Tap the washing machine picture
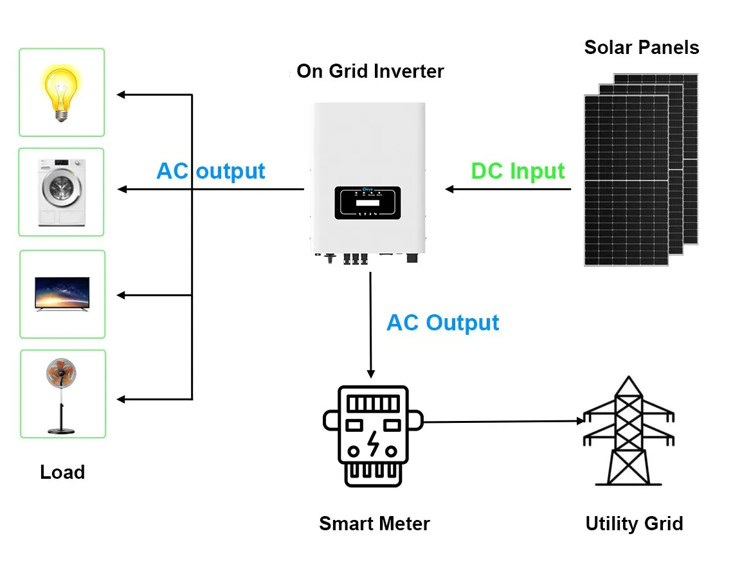coord(62,192)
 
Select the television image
coord(62,294)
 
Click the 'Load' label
coord(62,472)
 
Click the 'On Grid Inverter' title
coord(370,71)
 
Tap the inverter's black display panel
coord(367,202)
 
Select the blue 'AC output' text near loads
coord(211,172)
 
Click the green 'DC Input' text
coord(518,172)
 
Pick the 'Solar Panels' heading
coord(641,48)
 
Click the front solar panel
coord(626,180)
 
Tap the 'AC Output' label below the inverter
coord(442,323)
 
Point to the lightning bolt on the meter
coord(372,443)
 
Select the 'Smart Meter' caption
coord(374,524)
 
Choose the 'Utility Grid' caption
coord(633,524)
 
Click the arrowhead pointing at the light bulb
coord(121,95)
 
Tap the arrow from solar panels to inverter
coord(508,189)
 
